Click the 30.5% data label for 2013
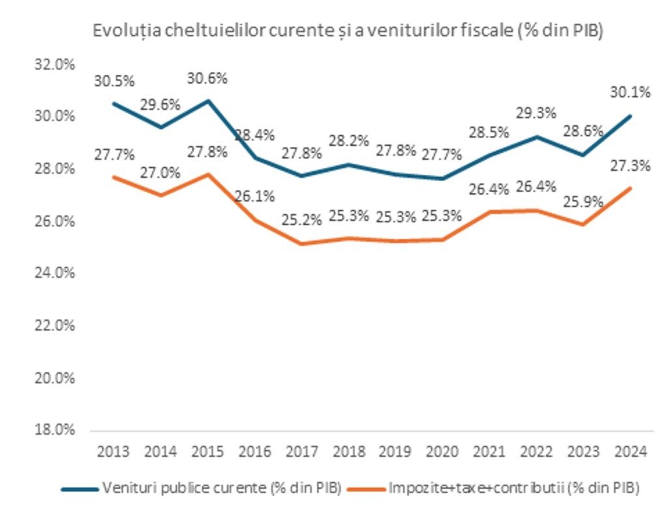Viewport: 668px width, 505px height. click(x=114, y=82)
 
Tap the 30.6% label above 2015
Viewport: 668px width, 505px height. click(x=207, y=79)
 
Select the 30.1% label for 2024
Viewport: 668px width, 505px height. click(x=630, y=93)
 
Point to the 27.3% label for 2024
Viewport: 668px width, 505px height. click(x=630, y=166)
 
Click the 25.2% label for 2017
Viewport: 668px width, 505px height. click(x=302, y=220)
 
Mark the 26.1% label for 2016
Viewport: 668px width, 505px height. click(x=254, y=195)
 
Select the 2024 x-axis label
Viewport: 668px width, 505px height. click(x=630, y=452)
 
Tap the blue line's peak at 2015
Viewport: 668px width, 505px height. click(x=207, y=101)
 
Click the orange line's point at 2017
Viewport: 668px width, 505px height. click(x=301, y=244)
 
